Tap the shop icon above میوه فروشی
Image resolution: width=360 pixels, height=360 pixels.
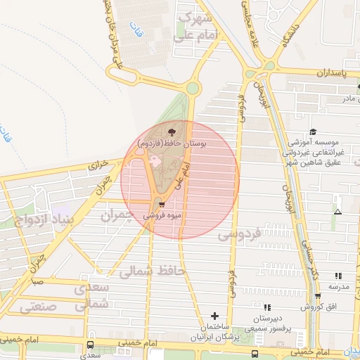point(162,205)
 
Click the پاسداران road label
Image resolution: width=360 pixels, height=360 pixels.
point(331,73)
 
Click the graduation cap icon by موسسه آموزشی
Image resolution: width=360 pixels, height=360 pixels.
point(312,131)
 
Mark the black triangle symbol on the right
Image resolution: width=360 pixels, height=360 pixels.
point(338,211)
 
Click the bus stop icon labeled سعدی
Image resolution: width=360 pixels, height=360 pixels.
point(90,345)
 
